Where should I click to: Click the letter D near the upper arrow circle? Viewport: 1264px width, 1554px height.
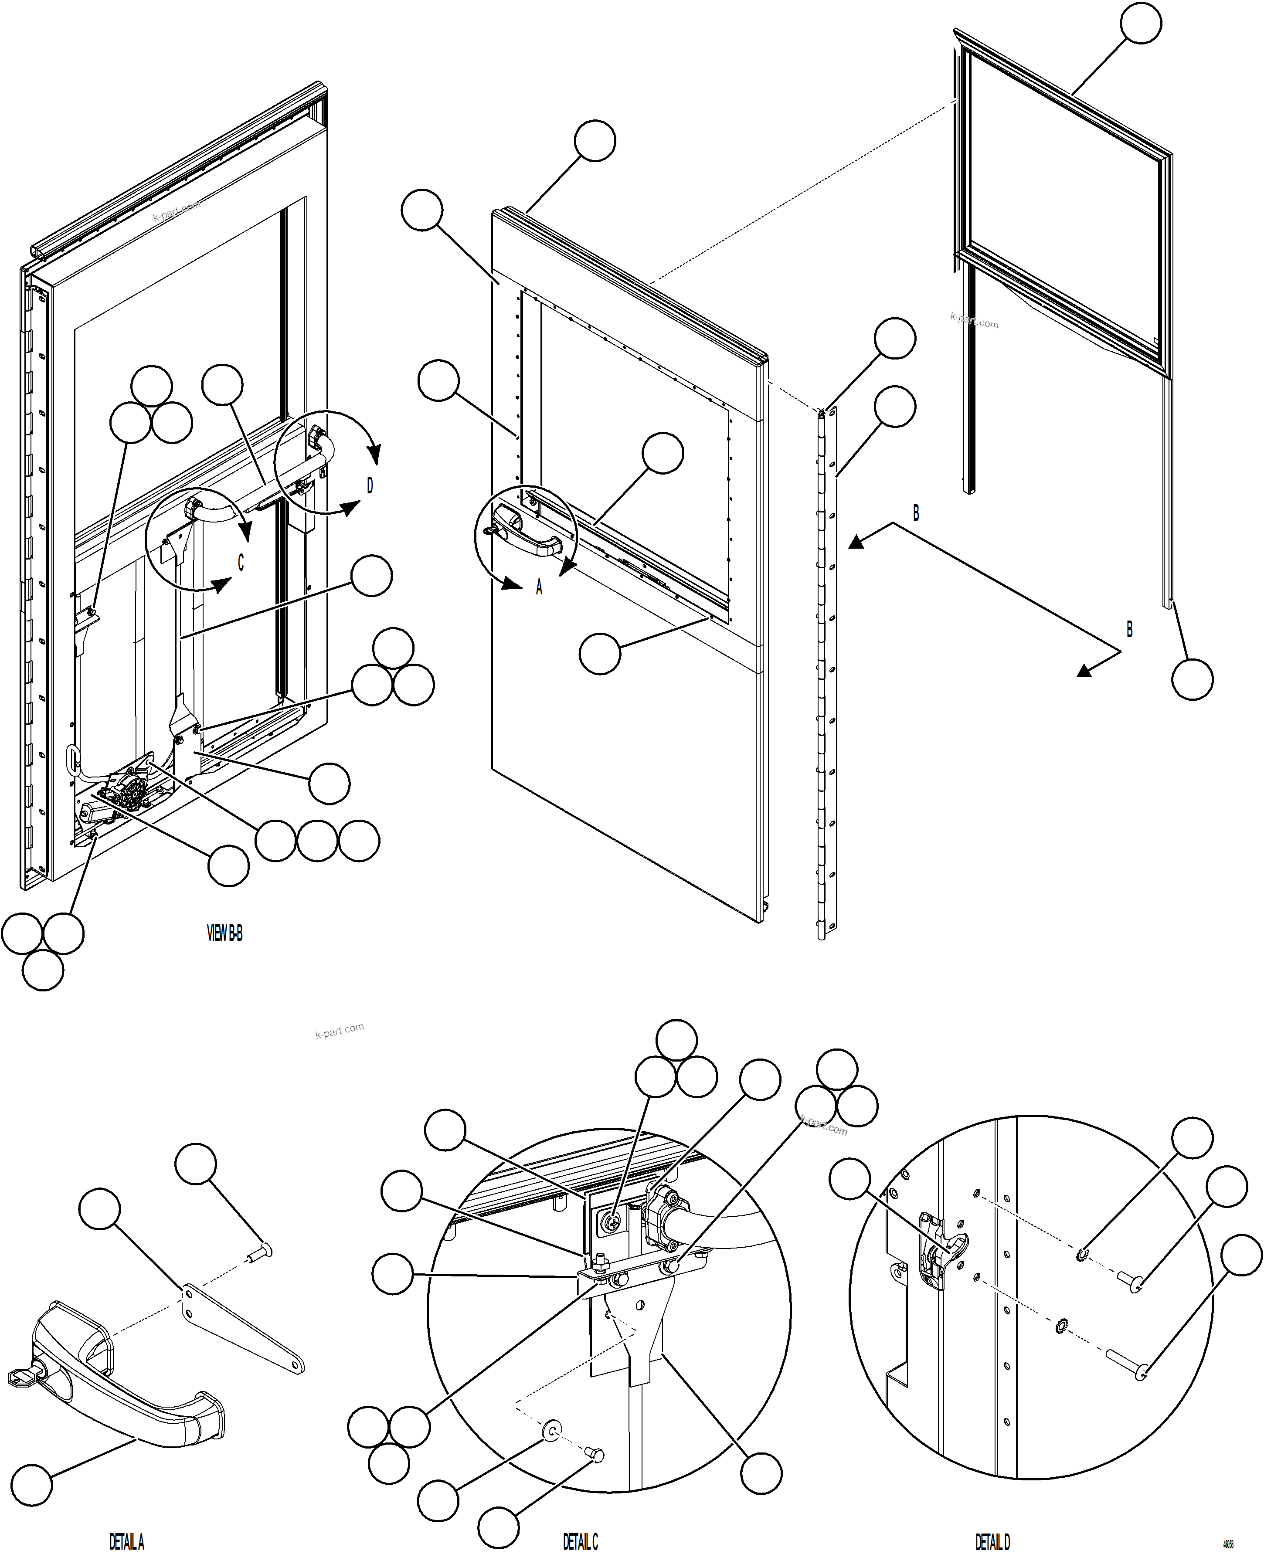pyautogui.click(x=370, y=485)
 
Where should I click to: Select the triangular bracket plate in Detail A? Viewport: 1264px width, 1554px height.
pyautogui.click(x=240, y=1328)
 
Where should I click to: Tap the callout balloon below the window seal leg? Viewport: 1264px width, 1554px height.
pyautogui.click(x=1192, y=679)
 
